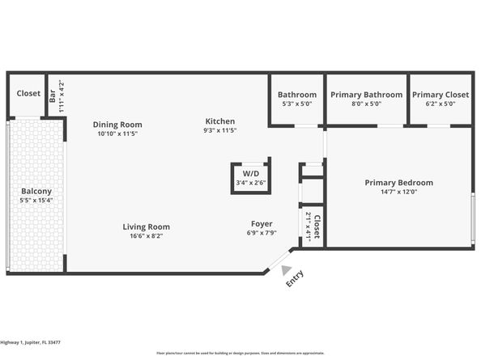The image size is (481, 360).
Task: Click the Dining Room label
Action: [117, 125]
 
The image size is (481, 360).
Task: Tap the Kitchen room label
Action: [219, 121]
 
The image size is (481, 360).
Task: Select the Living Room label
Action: [147, 227]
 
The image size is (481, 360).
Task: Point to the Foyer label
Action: [260, 223]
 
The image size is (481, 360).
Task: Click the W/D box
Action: [250, 174]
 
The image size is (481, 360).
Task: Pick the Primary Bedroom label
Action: [398, 183]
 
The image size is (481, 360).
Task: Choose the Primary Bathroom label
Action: [366, 95]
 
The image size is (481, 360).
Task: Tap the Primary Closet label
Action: [440, 95]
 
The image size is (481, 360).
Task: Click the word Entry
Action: [293, 279]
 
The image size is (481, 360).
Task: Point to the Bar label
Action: [53, 97]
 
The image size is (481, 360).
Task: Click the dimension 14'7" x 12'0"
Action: [398, 193]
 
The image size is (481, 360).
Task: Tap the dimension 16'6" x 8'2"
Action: [147, 236]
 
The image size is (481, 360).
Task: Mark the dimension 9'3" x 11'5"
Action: [219, 131]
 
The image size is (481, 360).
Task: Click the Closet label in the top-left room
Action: [28, 93]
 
